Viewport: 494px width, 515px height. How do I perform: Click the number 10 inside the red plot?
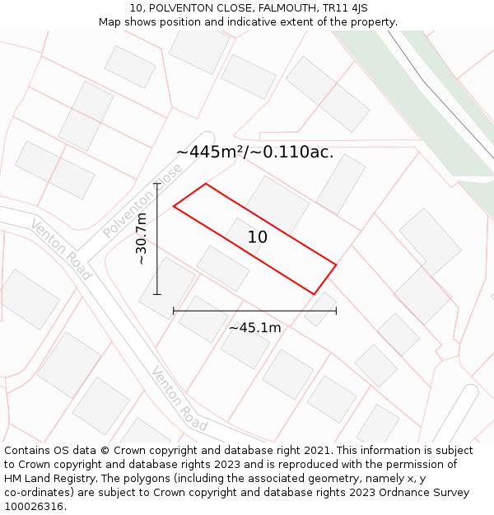click(x=258, y=237)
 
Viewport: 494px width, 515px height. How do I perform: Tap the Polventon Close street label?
click(x=142, y=201)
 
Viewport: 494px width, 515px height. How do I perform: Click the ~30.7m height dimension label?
click(x=142, y=239)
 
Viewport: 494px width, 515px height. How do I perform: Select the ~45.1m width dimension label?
click(x=255, y=328)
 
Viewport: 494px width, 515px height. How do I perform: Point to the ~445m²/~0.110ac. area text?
click(x=255, y=152)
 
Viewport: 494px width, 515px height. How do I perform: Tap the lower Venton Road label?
click(x=179, y=399)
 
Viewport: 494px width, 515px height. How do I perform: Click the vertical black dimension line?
click(x=157, y=239)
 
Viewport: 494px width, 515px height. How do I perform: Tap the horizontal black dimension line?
click(x=255, y=311)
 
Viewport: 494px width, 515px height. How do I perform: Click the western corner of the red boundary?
click(x=174, y=206)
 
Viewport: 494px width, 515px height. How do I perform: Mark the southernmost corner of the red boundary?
click(x=314, y=293)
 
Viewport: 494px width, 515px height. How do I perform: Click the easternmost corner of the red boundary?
click(x=336, y=265)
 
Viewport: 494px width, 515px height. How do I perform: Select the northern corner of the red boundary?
click(x=206, y=184)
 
